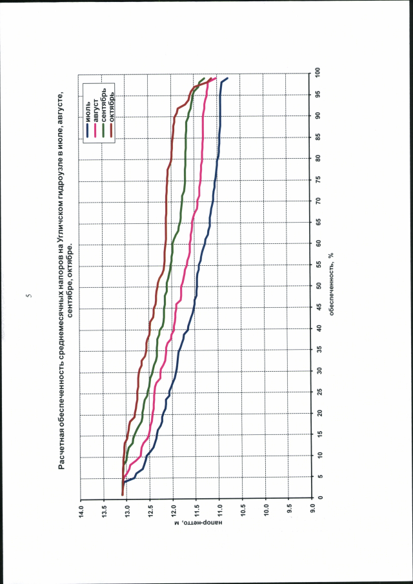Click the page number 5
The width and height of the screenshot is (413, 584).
tap(28, 296)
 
